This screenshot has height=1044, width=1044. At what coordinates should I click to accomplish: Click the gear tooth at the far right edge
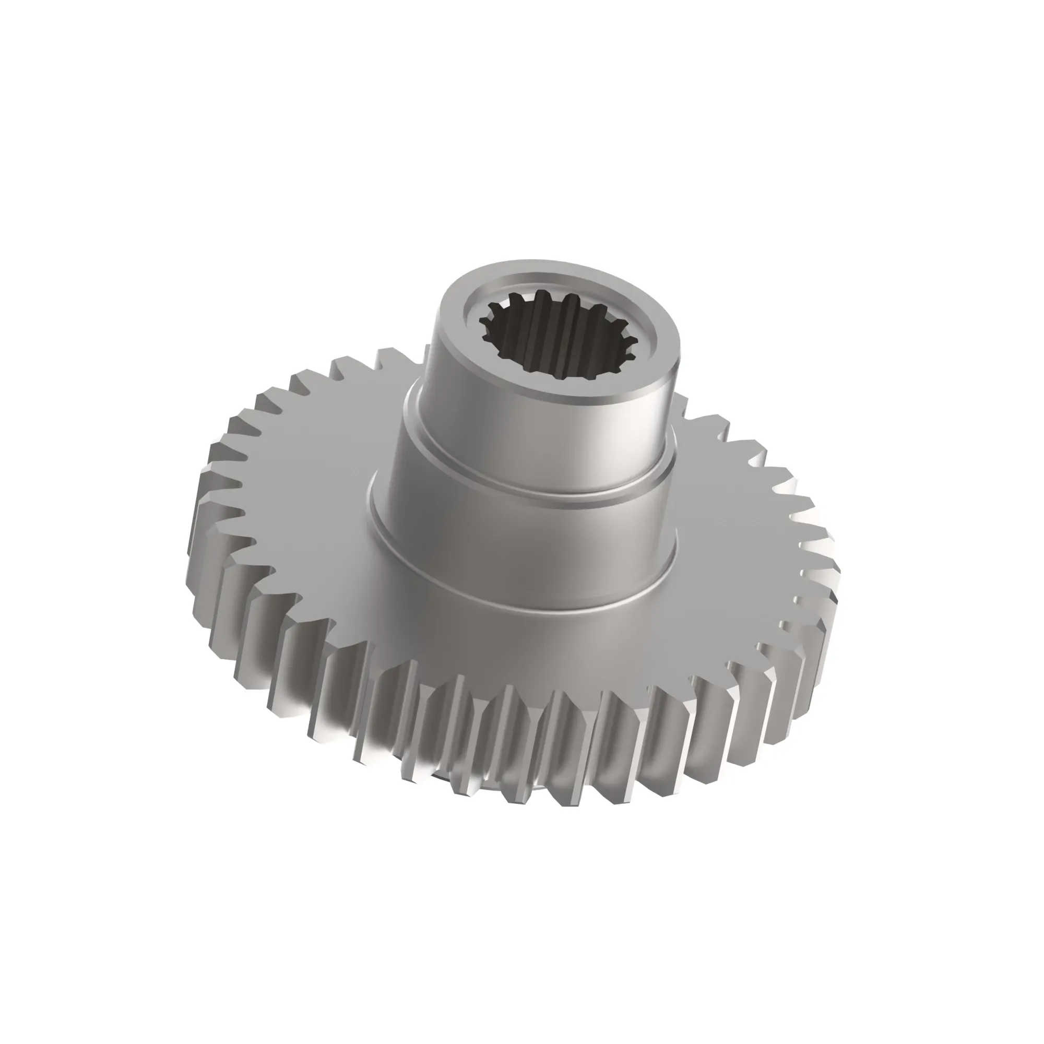pos(829,573)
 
